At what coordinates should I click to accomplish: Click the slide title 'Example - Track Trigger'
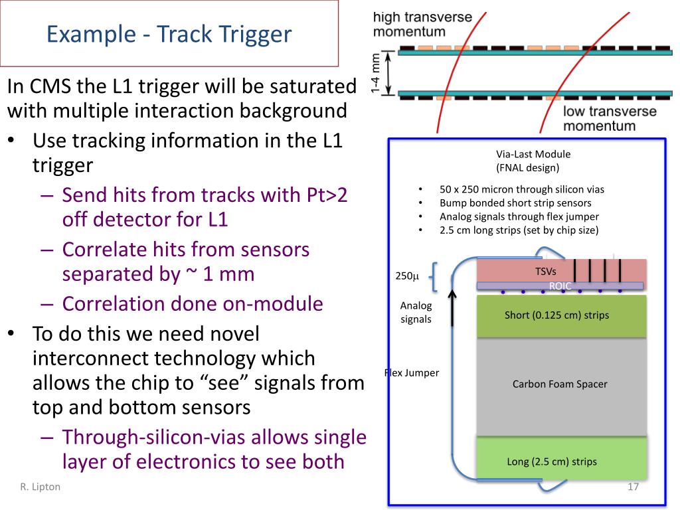tap(169, 34)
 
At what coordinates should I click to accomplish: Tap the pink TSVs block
tap(525, 270)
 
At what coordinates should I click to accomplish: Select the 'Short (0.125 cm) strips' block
tap(556, 315)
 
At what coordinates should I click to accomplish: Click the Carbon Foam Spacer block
tap(560, 384)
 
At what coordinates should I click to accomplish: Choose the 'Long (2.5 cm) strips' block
tap(552, 462)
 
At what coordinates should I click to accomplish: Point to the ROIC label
tap(560, 286)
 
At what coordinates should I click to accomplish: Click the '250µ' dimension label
tap(408, 276)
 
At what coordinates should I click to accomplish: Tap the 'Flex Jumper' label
tap(412, 373)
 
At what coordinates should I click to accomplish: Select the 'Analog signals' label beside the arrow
tap(416, 312)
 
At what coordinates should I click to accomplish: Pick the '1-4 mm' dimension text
tap(376, 73)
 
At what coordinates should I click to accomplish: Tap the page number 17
tap(633, 487)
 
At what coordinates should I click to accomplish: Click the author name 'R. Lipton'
tap(40, 487)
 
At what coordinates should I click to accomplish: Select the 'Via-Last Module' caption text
tap(533, 154)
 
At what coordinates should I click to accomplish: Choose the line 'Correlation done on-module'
tap(193, 303)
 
